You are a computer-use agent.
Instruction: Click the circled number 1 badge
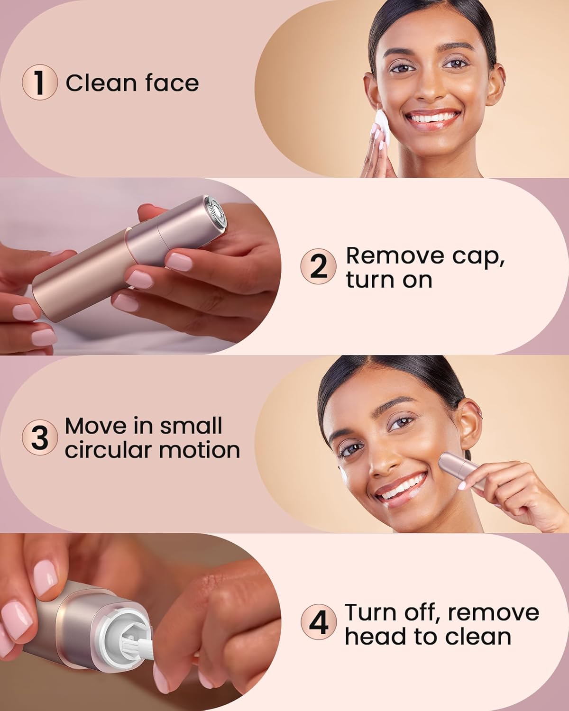pyautogui.click(x=40, y=82)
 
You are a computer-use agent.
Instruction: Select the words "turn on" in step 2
pyautogui.click(x=389, y=280)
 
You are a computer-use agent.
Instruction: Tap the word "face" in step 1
pyautogui.click(x=172, y=83)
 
